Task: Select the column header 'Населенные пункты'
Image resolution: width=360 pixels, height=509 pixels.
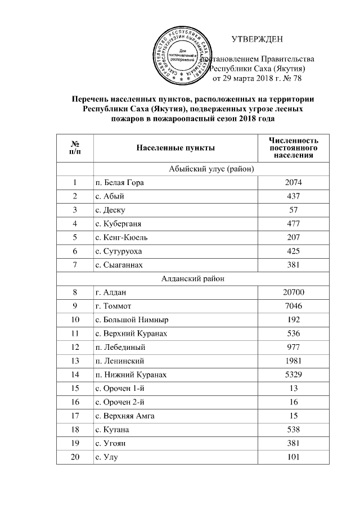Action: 175,147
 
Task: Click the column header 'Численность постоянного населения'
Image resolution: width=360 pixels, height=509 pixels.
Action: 294,147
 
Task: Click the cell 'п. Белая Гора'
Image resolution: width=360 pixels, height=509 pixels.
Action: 120,183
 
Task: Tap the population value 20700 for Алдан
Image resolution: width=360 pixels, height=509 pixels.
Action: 294,292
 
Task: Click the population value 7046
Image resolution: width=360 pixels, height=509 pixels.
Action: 294,306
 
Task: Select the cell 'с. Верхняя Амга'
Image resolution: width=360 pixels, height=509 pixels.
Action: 125,416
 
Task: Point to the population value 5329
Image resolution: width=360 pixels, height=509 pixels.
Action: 294,375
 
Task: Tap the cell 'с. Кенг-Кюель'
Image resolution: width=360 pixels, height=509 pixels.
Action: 122,237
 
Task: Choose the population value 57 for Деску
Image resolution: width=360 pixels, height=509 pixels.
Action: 294,210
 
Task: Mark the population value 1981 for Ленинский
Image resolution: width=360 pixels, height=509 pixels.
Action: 294,361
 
